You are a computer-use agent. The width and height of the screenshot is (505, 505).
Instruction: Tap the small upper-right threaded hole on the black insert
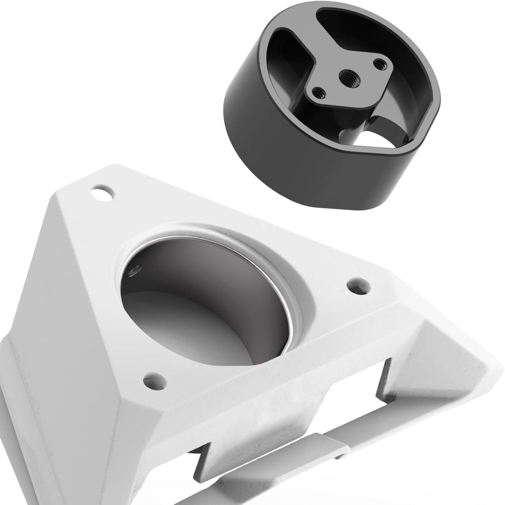[379, 64]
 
